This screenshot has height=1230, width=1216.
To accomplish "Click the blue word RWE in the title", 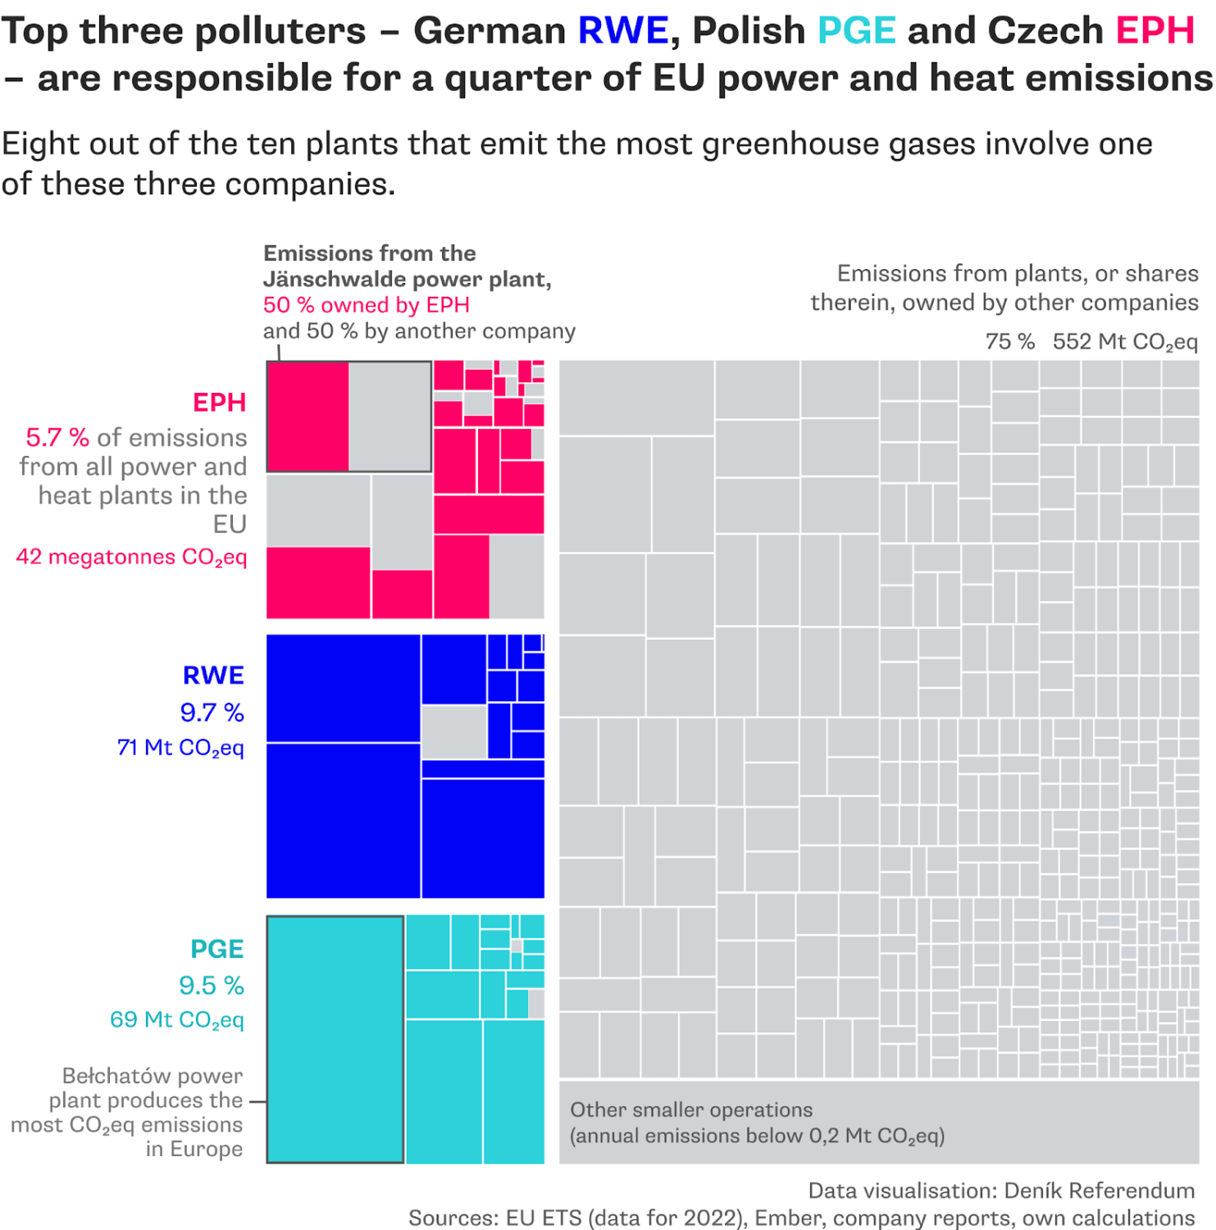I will point(623,31).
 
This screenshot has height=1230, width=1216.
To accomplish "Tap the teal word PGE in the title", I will point(856,31).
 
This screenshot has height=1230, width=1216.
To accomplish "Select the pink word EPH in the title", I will point(1155,31).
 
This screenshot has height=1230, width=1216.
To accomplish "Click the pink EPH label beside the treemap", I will point(219,403).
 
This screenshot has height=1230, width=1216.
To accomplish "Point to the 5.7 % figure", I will point(57,438).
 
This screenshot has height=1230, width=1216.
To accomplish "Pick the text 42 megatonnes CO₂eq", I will point(131,558).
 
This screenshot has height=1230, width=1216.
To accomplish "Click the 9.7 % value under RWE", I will point(212,713).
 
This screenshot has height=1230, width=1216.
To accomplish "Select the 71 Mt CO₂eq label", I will point(180,748).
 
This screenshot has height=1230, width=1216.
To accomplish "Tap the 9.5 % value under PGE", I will point(211,986).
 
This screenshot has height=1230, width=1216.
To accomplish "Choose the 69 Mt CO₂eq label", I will point(177,1020).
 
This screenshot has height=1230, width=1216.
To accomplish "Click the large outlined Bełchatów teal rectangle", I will point(335,1039).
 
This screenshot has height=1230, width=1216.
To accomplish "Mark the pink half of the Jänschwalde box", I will point(308,417).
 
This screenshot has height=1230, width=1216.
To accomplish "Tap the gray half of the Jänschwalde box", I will point(389,417).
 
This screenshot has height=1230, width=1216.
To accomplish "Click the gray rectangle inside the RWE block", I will point(453,731).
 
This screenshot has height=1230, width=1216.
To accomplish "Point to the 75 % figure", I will point(1009,342).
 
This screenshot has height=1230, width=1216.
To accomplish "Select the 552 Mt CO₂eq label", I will point(1125,342).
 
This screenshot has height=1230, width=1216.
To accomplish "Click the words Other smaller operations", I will point(691,1110).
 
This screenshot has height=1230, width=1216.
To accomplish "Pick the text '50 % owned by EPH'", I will point(366,306).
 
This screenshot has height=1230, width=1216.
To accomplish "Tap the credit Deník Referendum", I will point(1099,1191).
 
